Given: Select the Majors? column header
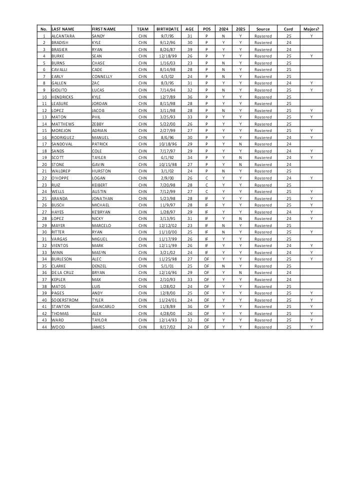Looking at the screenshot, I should pos(311,29).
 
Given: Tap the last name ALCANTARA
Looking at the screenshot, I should pos(63,36).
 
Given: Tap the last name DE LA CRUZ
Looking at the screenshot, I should pos(63,272).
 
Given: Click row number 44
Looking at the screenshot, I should pos(44,326).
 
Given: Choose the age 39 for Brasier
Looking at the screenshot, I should pos(189,49).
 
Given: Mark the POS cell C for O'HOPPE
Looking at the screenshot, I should pos(206,178).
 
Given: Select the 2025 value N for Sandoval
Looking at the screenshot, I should pos(240,144).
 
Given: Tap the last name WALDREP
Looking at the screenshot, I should pos(61,171).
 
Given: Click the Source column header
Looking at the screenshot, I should pos(263,29).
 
